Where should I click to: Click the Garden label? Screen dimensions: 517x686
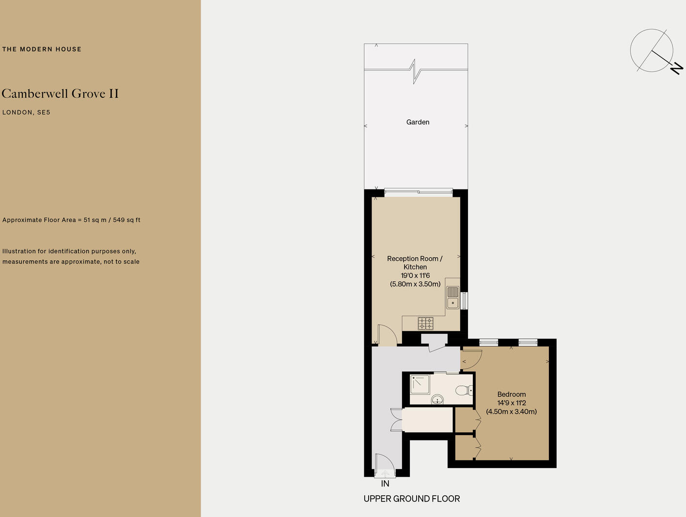point(418,122)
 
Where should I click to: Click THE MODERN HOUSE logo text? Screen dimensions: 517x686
point(42,49)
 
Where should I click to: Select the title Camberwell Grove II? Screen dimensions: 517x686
point(60,94)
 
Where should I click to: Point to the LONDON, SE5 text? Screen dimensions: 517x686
point(26,112)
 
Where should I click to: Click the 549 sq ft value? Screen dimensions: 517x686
point(126,220)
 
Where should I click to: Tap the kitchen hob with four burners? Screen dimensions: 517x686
point(425,323)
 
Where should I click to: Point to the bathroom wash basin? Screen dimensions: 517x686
point(437,400)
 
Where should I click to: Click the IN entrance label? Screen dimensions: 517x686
point(385,484)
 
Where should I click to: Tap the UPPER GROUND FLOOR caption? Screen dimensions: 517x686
point(411,499)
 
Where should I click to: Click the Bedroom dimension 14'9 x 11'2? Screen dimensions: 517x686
point(512,403)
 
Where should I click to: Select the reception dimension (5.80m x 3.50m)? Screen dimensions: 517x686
point(415,284)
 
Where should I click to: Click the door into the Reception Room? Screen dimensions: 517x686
point(387,335)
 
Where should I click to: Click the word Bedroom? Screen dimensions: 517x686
point(512,394)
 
